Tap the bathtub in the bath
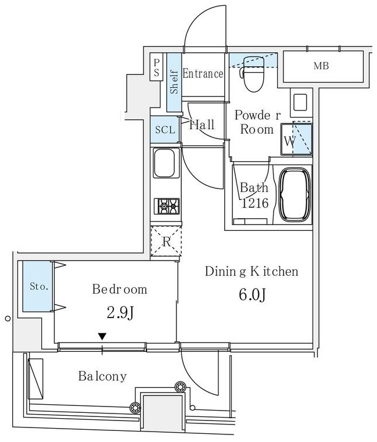296,195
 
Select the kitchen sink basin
165,163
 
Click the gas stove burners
166,206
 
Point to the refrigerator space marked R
166,241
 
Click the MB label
321,66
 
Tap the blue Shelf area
174,81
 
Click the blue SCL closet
165,130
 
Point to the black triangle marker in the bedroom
102,336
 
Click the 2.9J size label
121,313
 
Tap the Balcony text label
102,376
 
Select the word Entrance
203,74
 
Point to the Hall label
202,124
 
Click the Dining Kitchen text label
251,272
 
